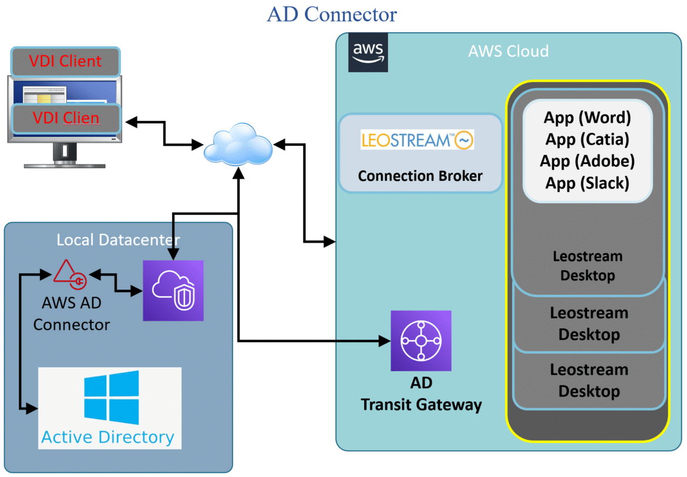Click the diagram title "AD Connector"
click(x=332, y=14)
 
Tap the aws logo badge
click(x=368, y=52)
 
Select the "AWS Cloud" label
click(x=508, y=51)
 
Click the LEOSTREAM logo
click(x=417, y=140)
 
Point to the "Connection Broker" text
click(x=420, y=176)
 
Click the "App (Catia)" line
click(x=587, y=139)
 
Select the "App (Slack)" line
click(x=587, y=183)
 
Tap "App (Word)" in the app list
click(x=587, y=117)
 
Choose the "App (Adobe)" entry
click(x=587, y=161)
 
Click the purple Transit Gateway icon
click(x=420, y=341)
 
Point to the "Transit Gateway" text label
click(x=421, y=405)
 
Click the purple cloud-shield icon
click(x=173, y=290)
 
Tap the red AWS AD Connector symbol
click(x=70, y=274)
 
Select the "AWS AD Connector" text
click(x=72, y=314)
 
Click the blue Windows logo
click(x=112, y=397)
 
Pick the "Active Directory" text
click(x=108, y=437)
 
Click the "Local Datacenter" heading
click(x=118, y=240)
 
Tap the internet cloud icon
click(x=238, y=145)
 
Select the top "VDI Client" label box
click(x=65, y=61)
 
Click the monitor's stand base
click(x=65, y=165)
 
